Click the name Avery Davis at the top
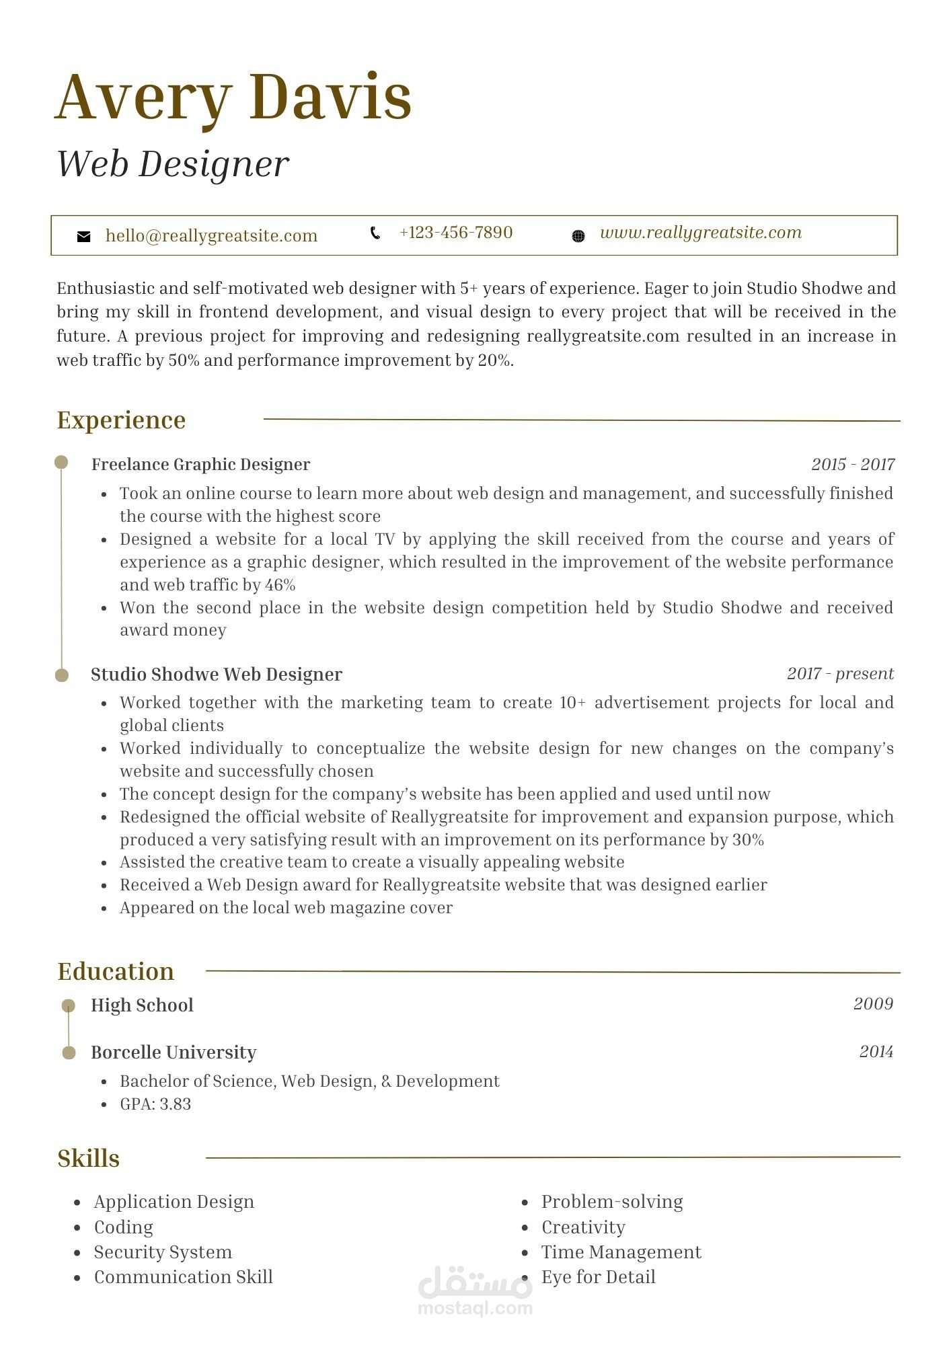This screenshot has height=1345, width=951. [x=233, y=98]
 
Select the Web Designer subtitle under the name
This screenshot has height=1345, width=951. [x=173, y=164]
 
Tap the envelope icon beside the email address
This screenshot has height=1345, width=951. [x=84, y=236]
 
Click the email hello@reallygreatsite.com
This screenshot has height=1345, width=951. [x=211, y=236]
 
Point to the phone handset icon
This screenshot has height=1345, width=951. [x=375, y=233]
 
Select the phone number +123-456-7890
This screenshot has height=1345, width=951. [x=455, y=233]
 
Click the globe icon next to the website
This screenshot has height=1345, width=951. [x=578, y=236]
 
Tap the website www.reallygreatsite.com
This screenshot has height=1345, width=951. [x=700, y=233]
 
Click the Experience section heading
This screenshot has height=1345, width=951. [x=121, y=420]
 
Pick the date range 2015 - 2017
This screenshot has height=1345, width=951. [x=852, y=465]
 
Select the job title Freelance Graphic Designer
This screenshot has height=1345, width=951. [x=200, y=465]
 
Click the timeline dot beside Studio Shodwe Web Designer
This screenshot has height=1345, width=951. [x=62, y=675]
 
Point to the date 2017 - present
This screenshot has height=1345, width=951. [x=840, y=674]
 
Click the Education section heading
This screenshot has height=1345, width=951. [x=116, y=972]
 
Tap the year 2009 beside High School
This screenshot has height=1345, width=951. [x=873, y=1004]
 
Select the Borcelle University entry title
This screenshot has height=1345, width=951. [x=174, y=1052]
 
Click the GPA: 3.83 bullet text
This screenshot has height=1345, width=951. [x=155, y=1104]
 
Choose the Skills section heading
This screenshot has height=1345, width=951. [x=89, y=1159]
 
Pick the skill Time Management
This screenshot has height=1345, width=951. [x=621, y=1252]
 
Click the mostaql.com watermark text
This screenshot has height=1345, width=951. [x=475, y=1309]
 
